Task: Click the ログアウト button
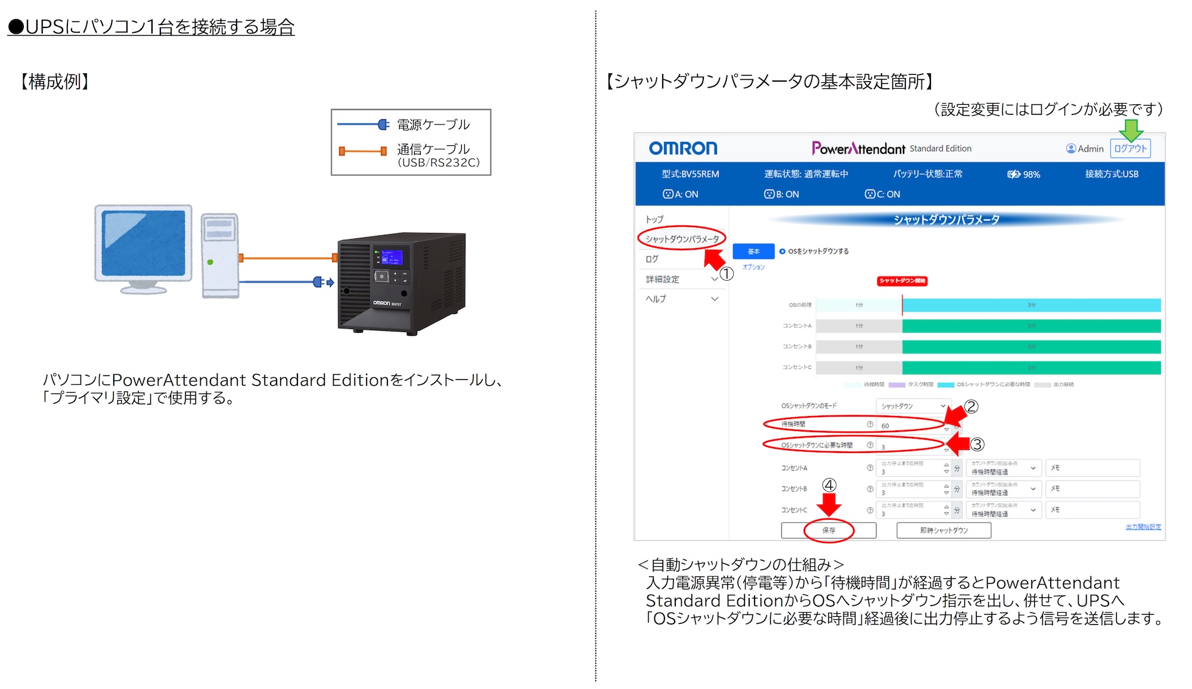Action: pos(1130,148)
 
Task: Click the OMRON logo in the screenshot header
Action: pos(682,148)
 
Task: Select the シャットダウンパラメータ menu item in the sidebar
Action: pos(682,239)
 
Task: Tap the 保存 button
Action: pos(828,530)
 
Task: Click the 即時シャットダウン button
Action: pos(943,530)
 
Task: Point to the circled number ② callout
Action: pos(971,406)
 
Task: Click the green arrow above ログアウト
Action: pos(1130,129)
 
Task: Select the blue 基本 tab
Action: pos(753,252)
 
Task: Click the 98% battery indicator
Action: pos(1024,174)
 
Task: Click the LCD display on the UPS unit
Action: pos(392,257)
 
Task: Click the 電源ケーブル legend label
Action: pos(433,125)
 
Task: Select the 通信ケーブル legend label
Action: pos(433,149)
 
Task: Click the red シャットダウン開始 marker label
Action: pos(902,281)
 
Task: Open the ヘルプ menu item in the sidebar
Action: pos(656,299)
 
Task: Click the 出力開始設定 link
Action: pos(1143,527)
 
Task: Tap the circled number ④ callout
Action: pos(829,485)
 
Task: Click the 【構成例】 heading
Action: pos(55,82)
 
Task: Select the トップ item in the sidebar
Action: pos(654,219)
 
